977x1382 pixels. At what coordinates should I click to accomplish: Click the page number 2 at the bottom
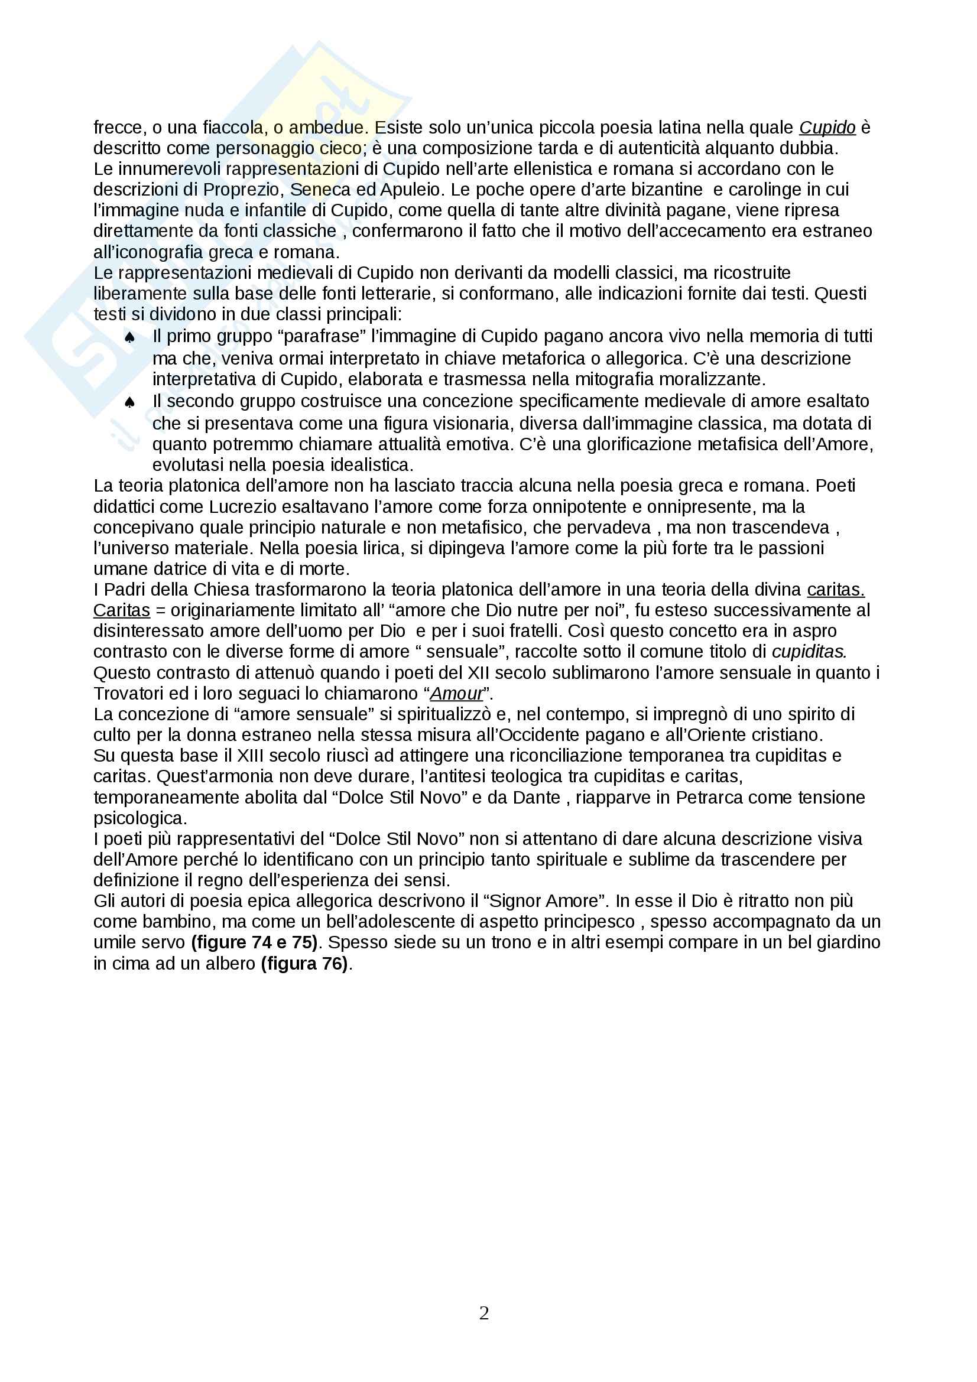click(484, 1313)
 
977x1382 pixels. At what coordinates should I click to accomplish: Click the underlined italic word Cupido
click(827, 128)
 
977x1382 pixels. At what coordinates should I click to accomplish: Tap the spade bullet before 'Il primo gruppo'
click(129, 339)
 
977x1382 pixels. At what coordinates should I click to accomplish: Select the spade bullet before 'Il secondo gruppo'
click(129, 403)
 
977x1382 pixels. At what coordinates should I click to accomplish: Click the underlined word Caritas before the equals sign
click(122, 610)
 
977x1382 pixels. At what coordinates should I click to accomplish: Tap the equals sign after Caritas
click(160, 610)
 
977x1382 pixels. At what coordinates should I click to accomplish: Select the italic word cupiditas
click(809, 652)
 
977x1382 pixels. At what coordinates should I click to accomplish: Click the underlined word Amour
click(456, 694)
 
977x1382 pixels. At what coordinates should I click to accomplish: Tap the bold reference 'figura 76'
click(304, 964)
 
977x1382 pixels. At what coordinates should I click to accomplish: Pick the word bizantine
click(666, 190)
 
